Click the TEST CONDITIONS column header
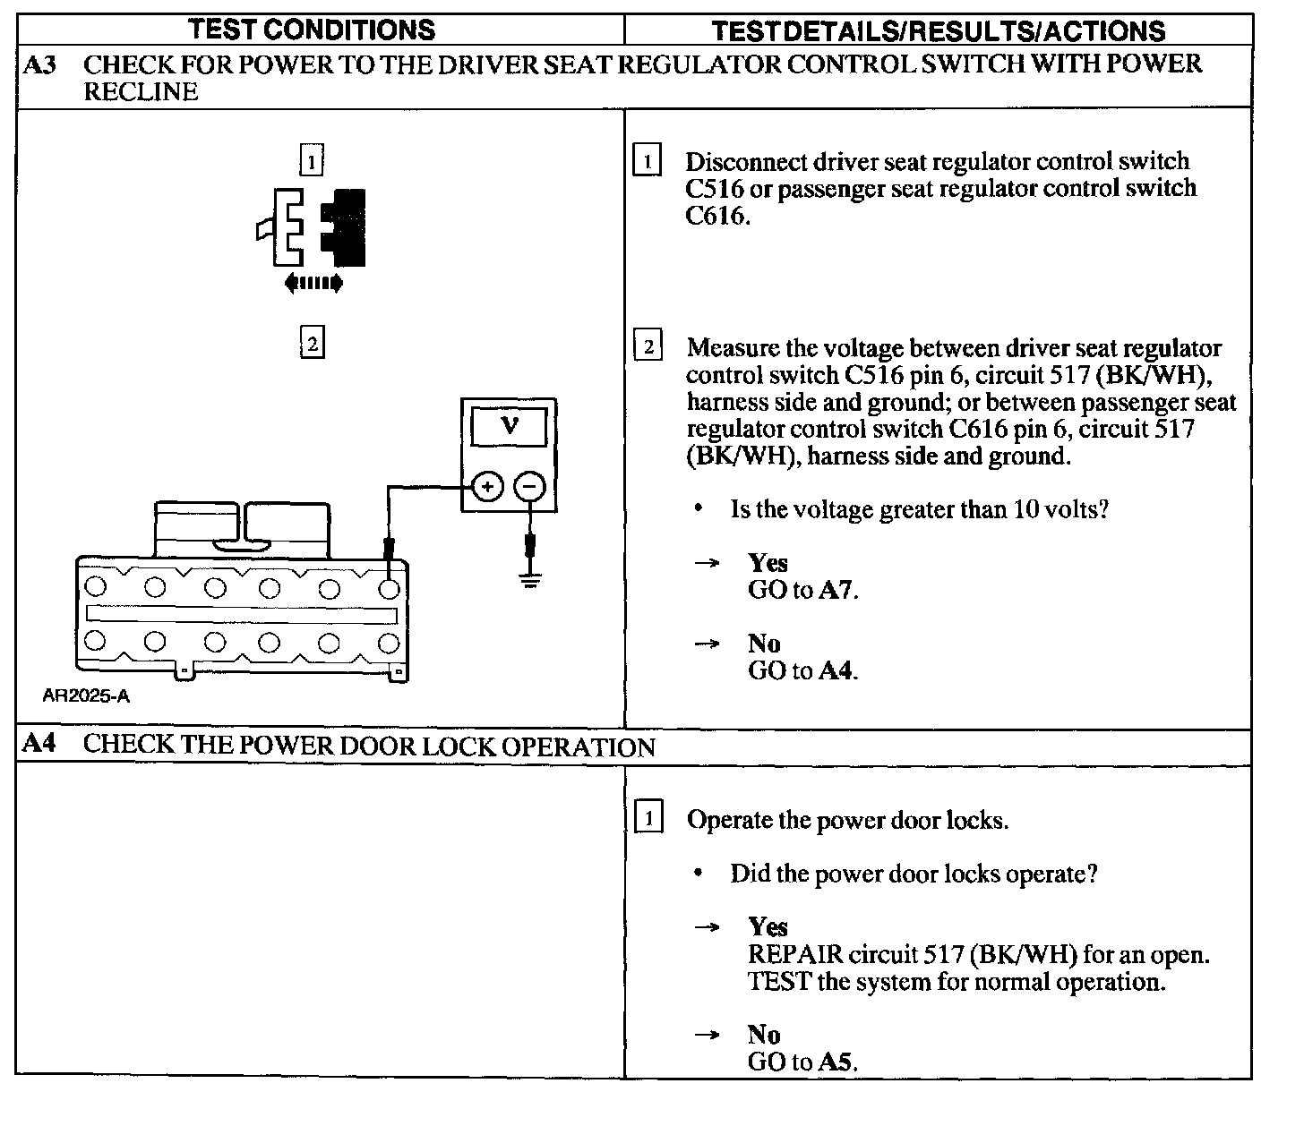pyautogui.click(x=312, y=30)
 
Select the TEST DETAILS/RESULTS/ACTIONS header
pyautogui.click(x=938, y=31)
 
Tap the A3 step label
pyautogui.click(x=39, y=64)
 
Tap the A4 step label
pyautogui.click(x=39, y=743)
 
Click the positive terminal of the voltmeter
pyautogui.click(x=487, y=487)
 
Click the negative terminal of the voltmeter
pyautogui.click(x=530, y=487)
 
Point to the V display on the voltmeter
pyautogui.click(x=509, y=428)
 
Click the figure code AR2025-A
pyautogui.click(x=86, y=696)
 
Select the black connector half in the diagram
pyautogui.click(x=343, y=227)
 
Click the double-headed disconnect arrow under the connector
pyautogui.click(x=313, y=283)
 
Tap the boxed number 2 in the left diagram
pyautogui.click(x=313, y=342)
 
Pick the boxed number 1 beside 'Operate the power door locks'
pyautogui.click(x=648, y=816)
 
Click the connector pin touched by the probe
pyautogui.click(x=389, y=590)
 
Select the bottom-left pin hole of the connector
pyautogui.click(x=95, y=641)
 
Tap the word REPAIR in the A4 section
pyautogui.click(x=795, y=955)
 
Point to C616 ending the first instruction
pyautogui.click(x=716, y=217)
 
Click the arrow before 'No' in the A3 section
pyautogui.click(x=707, y=644)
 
